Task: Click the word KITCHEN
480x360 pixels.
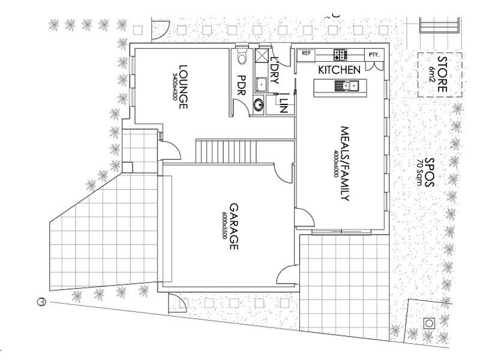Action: pos(339,70)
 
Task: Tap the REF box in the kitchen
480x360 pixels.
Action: pos(307,53)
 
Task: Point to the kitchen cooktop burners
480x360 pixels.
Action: pos(340,55)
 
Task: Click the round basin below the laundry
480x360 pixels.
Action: pos(259,104)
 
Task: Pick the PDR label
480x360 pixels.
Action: pos(242,87)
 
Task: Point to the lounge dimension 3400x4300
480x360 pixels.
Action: pos(175,87)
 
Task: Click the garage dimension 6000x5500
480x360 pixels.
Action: pos(224,226)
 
